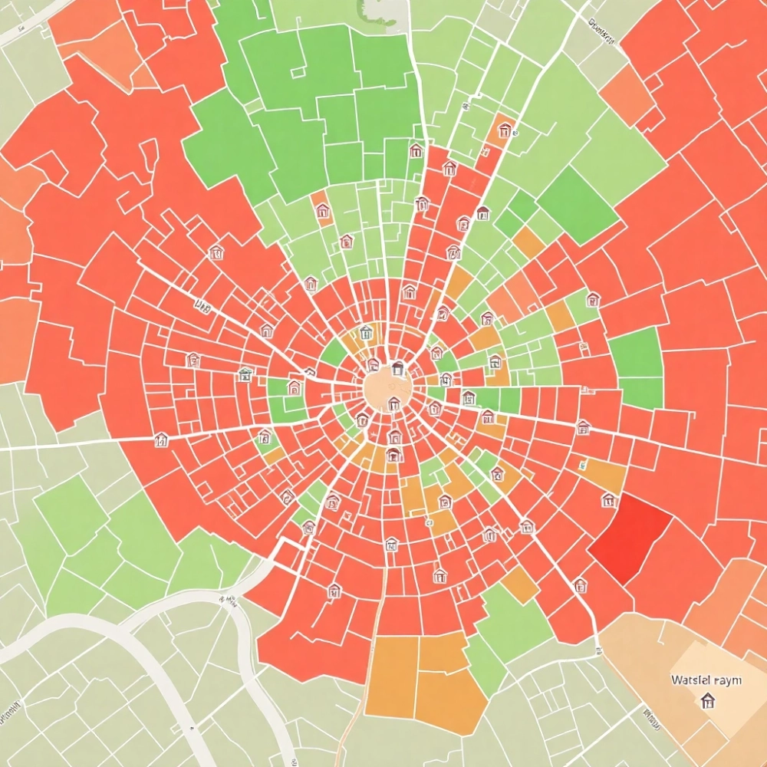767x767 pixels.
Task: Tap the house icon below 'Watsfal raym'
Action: pyautogui.click(x=707, y=700)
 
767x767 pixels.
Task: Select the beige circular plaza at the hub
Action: pyautogui.click(x=387, y=390)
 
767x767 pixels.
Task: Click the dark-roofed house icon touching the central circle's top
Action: pyautogui.click(x=397, y=369)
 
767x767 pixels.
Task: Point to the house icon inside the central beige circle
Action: pyautogui.click(x=393, y=403)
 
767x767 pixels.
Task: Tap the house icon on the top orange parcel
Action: pyautogui.click(x=504, y=128)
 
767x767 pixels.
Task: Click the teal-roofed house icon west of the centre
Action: pyautogui.click(x=245, y=374)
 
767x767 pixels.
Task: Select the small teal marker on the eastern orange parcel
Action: pyautogui.click(x=583, y=464)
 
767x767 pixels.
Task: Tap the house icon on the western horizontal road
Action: pyautogui.click(x=161, y=439)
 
